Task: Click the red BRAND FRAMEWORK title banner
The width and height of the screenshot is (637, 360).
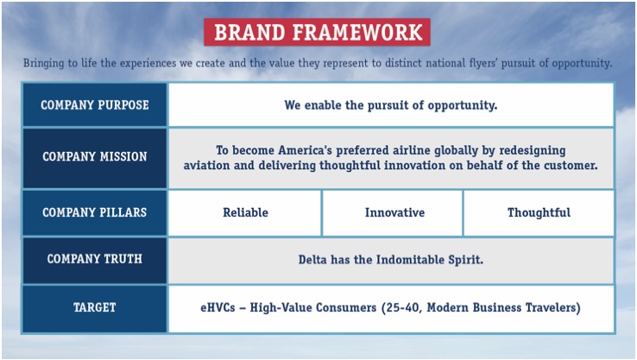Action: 318,32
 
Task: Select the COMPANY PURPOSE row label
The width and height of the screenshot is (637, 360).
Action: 95,105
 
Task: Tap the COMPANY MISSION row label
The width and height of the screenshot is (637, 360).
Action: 95,157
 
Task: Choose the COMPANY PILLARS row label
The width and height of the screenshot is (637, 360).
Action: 95,212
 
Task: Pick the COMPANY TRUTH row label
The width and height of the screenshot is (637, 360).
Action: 95,259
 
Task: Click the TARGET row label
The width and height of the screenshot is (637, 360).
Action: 95,307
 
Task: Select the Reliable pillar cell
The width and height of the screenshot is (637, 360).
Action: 245,212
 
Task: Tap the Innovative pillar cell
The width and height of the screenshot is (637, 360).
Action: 393,212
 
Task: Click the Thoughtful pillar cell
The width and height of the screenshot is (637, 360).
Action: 539,212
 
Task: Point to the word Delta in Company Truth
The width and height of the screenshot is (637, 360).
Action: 315,259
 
